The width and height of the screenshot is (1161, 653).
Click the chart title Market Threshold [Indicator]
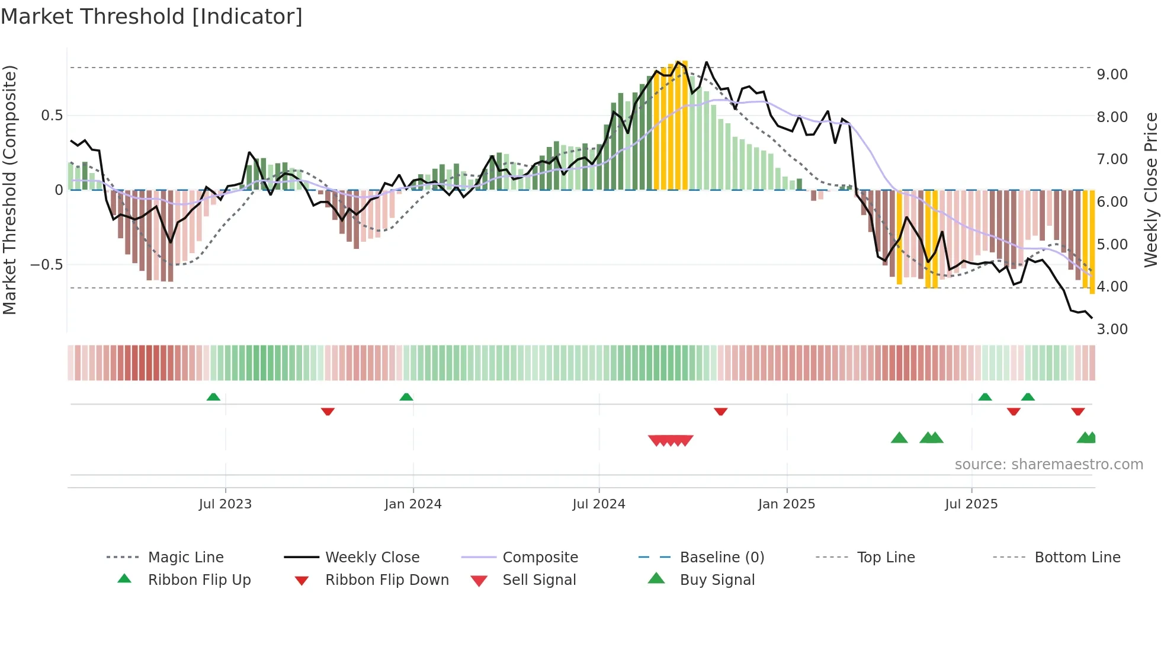pyautogui.click(x=152, y=17)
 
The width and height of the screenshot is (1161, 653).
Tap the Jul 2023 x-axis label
pyautogui.click(x=225, y=504)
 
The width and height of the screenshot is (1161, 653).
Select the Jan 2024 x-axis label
pyautogui.click(x=413, y=504)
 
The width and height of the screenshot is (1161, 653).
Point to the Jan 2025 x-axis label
pyautogui.click(x=787, y=504)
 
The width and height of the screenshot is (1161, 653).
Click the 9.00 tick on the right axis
pyautogui.click(x=1112, y=75)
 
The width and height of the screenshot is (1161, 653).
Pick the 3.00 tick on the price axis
pyautogui.click(x=1112, y=329)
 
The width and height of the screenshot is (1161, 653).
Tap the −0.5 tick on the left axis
pyautogui.click(x=46, y=264)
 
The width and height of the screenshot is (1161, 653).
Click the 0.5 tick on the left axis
pyautogui.click(x=52, y=115)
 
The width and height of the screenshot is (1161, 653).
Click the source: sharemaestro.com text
pyautogui.click(x=1048, y=464)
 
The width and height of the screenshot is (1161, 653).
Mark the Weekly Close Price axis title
pyautogui.click(x=1150, y=190)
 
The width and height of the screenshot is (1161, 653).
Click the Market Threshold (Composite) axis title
pyautogui.click(x=9, y=190)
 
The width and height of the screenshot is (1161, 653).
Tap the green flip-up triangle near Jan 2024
pyautogui.click(x=406, y=397)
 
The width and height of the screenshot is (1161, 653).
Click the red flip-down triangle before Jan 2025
pyautogui.click(x=720, y=411)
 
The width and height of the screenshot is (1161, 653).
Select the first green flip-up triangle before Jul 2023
pyautogui.click(x=213, y=397)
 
